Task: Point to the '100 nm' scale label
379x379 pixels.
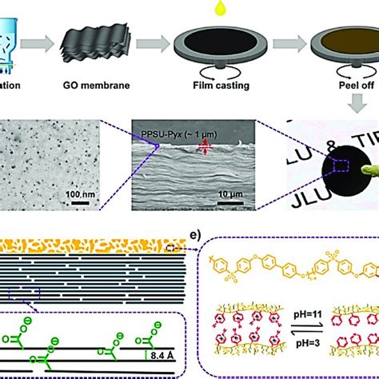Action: tap(86, 194)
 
